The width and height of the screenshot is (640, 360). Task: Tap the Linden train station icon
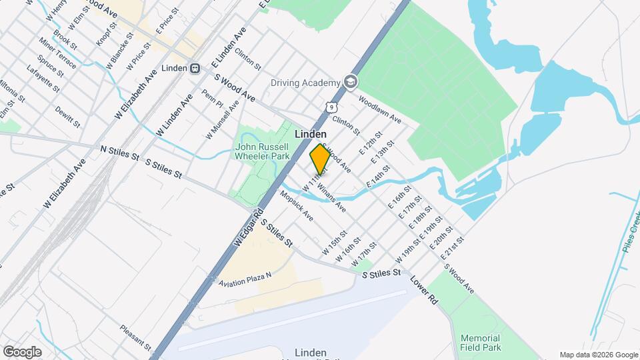pos(195,68)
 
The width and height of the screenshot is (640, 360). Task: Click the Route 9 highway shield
pos(331,107)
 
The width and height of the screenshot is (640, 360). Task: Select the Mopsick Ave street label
pos(296,206)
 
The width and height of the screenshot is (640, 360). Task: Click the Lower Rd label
pos(423,291)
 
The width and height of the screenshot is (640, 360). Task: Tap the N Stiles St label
pos(119,153)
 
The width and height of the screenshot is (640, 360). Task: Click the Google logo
pos(22,351)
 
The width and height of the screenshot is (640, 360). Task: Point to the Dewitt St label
pos(68,116)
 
